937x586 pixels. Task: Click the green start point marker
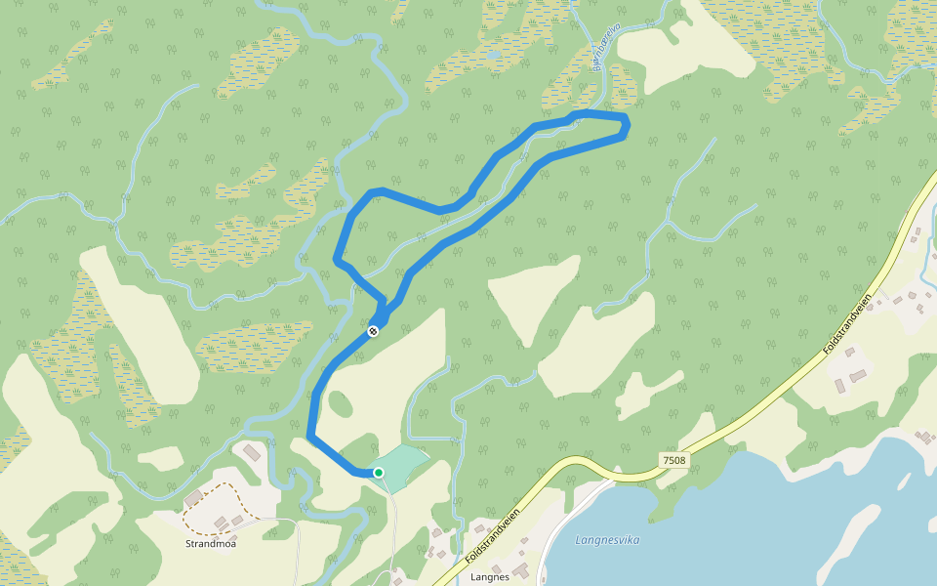pyautogui.click(x=379, y=473)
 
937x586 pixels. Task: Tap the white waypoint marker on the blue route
pyautogui.click(x=373, y=332)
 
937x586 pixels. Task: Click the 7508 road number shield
pyautogui.click(x=673, y=460)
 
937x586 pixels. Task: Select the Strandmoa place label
pyautogui.click(x=211, y=544)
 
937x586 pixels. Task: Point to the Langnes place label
pyautogui.click(x=490, y=577)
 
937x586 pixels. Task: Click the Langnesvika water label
pyautogui.click(x=607, y=539)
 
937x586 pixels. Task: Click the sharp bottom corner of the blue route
pyautogui.click(x=311, y=436)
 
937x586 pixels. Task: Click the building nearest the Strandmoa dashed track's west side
pyautogui.click(x=193, y=498)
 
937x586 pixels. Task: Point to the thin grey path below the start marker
pyautogui.click(x=392, y=527)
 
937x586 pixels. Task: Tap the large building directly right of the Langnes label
pyautogui.click(x=520, y=568)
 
